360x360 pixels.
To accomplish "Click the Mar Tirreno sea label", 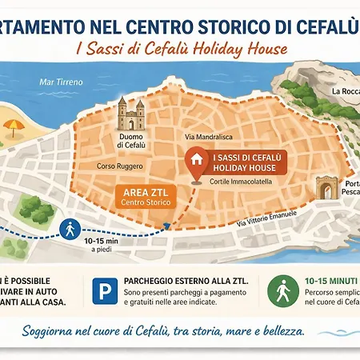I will [61, 81].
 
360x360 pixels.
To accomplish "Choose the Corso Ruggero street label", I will [119, 166].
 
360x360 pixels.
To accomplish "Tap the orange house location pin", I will [194, 158].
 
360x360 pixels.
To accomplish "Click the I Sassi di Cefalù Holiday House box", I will [242, 163].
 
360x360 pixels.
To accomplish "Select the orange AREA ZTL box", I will [140, 197].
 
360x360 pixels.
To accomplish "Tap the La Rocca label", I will [345, 91].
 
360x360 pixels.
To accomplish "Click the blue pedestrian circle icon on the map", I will [70, 229].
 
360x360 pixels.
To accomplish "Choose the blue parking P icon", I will [103, 292].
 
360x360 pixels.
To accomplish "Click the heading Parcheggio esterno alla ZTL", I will [186, 281].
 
